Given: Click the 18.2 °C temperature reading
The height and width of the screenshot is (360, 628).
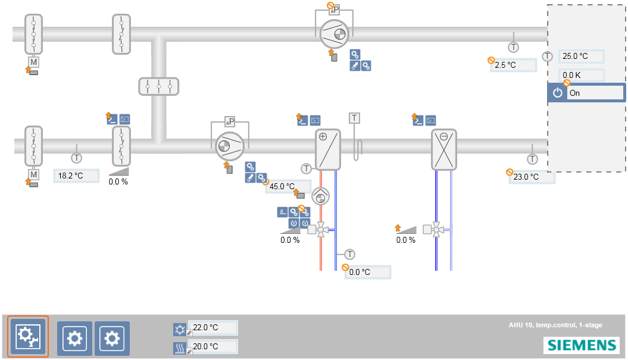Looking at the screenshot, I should [76, 176].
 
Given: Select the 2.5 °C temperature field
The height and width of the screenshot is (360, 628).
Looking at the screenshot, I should [513, 65].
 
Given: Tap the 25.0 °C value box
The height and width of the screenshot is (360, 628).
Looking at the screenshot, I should [581, 57].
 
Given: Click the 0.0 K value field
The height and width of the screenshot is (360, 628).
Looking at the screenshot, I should [581, 76].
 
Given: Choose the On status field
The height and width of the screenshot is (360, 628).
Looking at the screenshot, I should [595, 93].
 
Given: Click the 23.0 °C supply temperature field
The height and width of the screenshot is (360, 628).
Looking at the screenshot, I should [532, 177].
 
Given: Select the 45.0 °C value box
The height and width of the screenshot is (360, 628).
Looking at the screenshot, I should [288, 186].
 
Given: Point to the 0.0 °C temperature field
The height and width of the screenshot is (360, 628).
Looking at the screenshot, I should [367, 272].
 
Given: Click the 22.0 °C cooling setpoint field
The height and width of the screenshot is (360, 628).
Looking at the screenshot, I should [213, 328].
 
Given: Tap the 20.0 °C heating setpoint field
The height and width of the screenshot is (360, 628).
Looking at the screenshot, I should [213, 346].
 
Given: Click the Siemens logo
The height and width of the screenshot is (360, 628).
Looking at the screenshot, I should [580, 345].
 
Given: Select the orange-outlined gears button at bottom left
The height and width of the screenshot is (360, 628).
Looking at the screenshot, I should [28, 336].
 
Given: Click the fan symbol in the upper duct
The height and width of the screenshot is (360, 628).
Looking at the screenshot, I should [335, 34].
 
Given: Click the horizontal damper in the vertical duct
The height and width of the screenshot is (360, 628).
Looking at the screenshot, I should [158, 86].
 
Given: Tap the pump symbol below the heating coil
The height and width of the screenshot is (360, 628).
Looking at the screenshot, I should [320, 196].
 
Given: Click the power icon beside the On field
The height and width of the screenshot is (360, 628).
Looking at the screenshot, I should [557, 93].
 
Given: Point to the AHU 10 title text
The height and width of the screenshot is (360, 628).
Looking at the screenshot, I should [555, 325].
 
